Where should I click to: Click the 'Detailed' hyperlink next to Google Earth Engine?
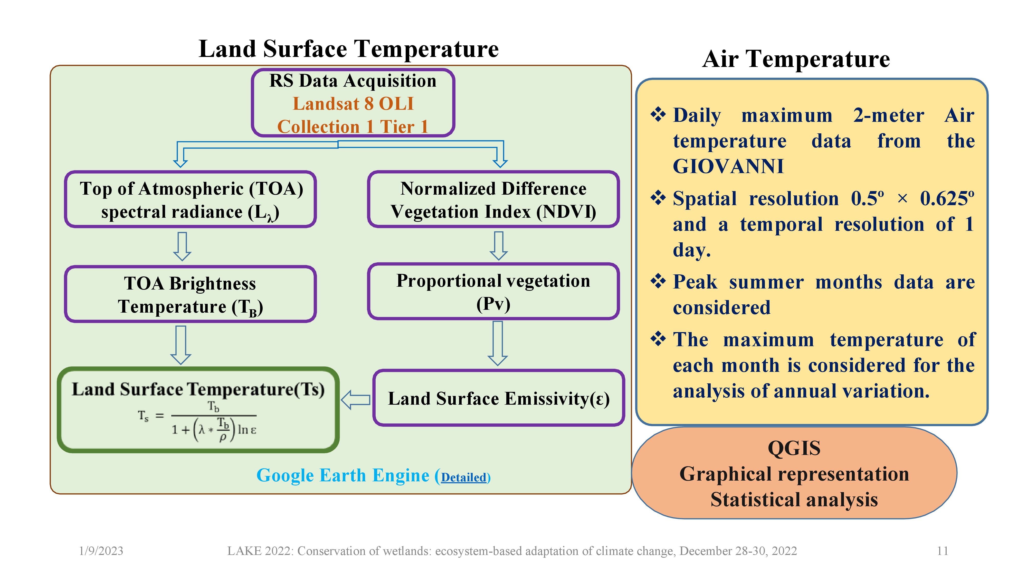(x=464, y=477)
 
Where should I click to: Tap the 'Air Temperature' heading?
(x=796, y=59)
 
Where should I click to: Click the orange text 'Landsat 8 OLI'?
(x=353, y=104)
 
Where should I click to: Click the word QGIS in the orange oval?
(x=794, y=448)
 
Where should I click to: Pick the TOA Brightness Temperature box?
(x=190, y=295)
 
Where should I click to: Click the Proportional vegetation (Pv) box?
(x=493, y=292)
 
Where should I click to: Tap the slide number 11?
(x=942, y=551)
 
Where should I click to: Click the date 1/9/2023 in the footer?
(x=101, y=551)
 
